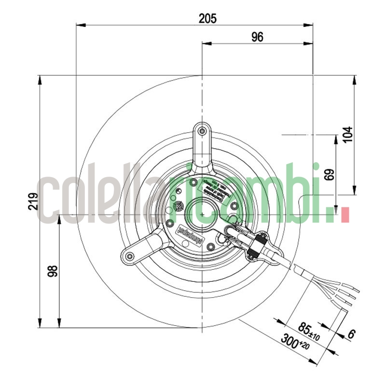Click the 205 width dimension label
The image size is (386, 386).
207,18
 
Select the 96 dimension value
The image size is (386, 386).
257,37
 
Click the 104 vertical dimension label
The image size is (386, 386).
347,134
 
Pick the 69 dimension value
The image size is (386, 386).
329,174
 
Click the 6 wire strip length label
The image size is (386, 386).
351,334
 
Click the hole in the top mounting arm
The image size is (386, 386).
202,130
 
